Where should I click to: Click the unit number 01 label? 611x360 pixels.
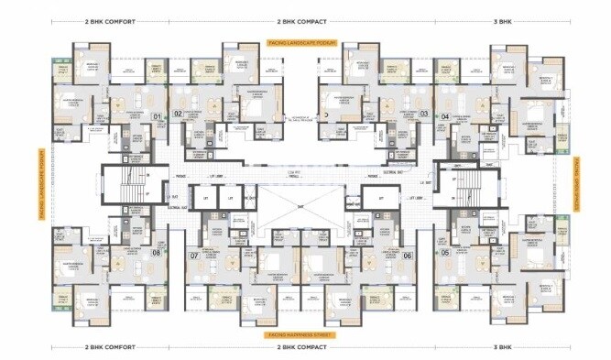point(157,116)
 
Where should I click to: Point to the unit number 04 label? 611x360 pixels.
point(444,116)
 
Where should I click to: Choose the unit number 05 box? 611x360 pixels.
point(444,253)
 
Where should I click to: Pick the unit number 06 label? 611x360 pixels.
point(407,256)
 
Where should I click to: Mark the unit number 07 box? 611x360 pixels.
point(193,256)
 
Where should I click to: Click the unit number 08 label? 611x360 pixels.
point(156,253)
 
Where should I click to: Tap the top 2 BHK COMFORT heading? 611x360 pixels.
point(110,19)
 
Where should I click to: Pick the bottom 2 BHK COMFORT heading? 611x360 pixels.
point(110,348)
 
